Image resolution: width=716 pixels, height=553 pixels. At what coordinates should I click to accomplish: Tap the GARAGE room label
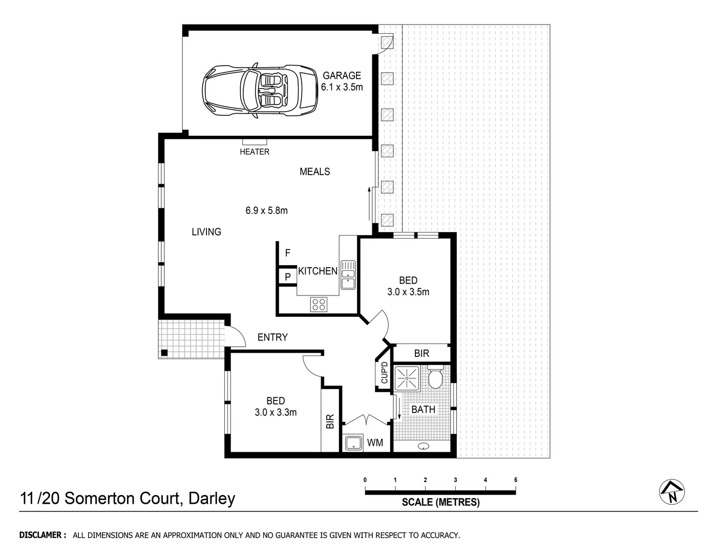(x=342, y=76)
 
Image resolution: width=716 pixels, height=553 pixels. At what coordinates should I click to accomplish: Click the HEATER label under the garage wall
(x=255, y=152)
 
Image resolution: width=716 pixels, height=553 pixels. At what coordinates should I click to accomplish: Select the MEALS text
(x=314, y=172)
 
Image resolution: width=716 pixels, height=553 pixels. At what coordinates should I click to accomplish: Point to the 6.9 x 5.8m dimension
(x=266, y=210)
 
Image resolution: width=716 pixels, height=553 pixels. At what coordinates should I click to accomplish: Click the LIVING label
(x=206, y=232)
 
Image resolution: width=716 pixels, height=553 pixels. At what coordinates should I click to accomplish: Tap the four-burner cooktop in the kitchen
(x=319, y=304)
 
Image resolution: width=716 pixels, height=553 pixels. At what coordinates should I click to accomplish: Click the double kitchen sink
(x=348, y=274)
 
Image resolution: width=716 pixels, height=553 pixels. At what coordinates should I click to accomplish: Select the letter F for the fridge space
(x=288, y=253)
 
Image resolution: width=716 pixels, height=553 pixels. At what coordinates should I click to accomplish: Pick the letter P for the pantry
(x=288, y=277)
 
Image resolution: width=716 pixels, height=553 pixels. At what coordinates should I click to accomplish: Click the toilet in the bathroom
(x=435, y=378)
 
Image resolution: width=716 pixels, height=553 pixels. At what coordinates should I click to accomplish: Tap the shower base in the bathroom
(x=407, y=378)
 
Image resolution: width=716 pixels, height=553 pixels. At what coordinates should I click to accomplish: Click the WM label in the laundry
(x=375, y=443)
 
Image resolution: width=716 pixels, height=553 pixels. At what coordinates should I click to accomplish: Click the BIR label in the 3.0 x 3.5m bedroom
(x=422, y=353)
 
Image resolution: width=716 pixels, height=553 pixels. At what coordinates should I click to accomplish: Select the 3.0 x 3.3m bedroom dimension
(x=276, y=412)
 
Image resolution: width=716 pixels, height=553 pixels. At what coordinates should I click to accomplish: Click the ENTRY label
(x=272, y=337)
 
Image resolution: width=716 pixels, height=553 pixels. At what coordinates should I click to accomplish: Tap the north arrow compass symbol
(x=672, y=493)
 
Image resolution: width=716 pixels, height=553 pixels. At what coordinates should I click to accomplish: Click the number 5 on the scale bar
(x=515, y=480)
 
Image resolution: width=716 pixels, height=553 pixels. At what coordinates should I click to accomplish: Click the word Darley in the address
(x=212, y=498)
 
